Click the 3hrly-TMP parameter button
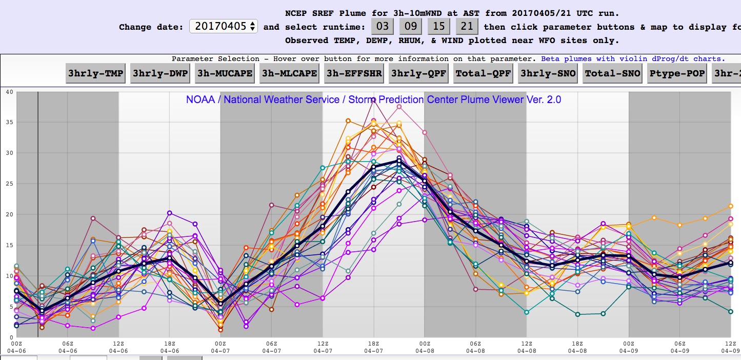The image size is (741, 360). coord(96,73)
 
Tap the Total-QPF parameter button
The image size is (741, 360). coord(483,73)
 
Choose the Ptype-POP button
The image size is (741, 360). coord(676,73)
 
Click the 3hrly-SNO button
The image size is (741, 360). coord(548,73)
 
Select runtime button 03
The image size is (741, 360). coord(383,27)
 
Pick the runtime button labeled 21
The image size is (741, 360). coord(467,27)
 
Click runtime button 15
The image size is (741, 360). coord(439,27)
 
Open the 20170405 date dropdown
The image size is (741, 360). coord(224,27)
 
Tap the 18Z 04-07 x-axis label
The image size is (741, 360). coord(374,346)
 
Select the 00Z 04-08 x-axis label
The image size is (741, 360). coord(425,346)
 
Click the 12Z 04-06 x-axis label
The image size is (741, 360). coord(118,346)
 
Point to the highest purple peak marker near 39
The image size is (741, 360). coord(374,99)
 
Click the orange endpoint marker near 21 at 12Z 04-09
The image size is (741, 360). coord(730,206)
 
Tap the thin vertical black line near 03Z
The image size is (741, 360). coord(38,205)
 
